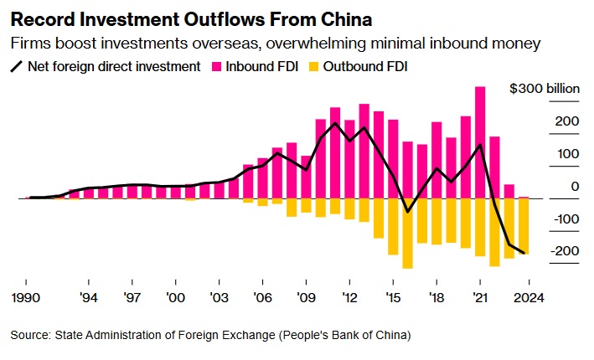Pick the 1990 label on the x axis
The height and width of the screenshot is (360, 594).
coord(27,297)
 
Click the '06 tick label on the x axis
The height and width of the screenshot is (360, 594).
coord(262,297)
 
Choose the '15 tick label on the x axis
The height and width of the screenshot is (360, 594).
coord(392,297)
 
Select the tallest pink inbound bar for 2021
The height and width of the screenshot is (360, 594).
coord(480,142)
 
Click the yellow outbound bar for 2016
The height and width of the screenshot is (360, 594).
coord(408,234)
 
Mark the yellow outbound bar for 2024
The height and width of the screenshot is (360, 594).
coord(524,225)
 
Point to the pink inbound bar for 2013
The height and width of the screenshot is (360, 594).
coord(364,151)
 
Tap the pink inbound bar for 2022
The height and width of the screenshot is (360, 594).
coord(494,167)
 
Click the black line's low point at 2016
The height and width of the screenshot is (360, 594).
coord(408,212)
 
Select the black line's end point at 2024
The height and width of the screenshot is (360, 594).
coord(524,253)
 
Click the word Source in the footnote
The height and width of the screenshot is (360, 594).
coord(30,336)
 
